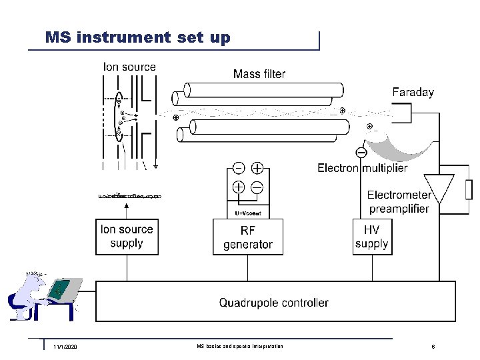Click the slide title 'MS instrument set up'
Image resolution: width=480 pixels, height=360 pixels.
137,37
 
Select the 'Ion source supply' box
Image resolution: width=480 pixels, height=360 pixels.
127,237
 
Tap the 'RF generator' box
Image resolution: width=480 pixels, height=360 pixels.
247,237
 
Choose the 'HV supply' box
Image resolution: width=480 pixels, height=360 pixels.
371,237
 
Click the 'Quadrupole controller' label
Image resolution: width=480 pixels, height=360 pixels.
273,303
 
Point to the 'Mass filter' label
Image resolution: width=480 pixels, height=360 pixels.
259,74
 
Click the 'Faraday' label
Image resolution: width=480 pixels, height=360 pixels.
413,93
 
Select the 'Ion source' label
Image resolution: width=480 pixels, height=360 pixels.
129,67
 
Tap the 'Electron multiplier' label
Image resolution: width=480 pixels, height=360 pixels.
362,168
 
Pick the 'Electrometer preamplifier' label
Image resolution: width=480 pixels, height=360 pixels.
399,201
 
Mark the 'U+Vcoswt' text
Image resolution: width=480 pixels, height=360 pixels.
248,213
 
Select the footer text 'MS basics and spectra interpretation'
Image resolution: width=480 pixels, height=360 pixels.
240,347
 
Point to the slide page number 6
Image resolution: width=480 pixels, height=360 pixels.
433,347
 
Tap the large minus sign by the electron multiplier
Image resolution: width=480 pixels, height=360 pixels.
361,153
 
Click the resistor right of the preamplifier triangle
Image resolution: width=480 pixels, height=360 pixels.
465,189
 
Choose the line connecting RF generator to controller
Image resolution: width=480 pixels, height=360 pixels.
247,268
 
